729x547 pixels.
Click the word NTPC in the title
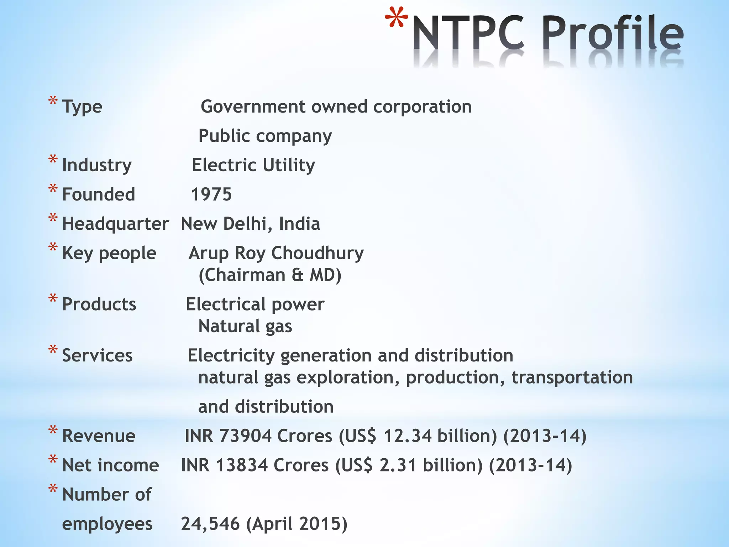(x=468, y=34)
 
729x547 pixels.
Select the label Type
(x=82, y=107)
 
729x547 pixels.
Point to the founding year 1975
(x=211, y=194)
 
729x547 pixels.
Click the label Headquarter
(x=115, y=224)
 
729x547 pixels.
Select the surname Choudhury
(x=318, y=253)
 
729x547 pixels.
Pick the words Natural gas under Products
(x=245, y=326)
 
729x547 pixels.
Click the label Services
(x=97, y=355)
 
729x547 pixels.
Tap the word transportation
(x=572, y=377)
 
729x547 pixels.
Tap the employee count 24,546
(x=210, y=523)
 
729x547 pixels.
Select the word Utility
(x=289, y=165)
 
